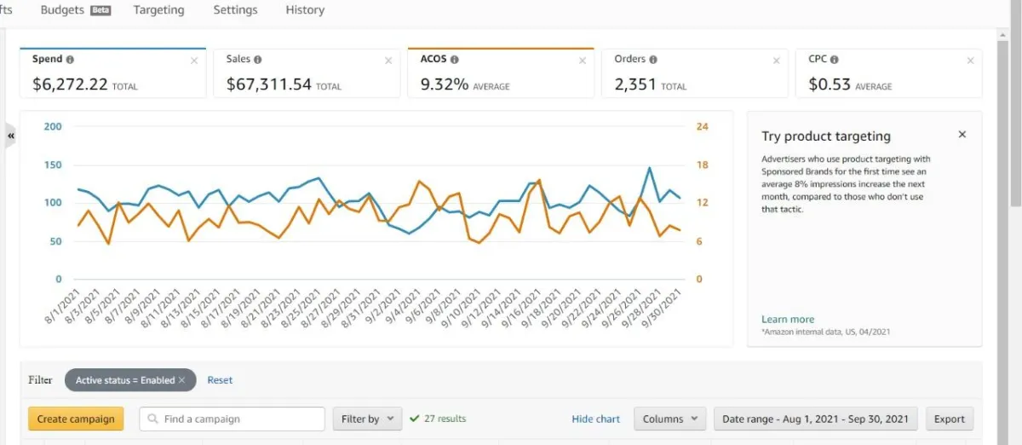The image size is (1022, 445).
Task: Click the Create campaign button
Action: (76, 419)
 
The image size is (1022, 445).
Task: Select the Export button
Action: (949, 419)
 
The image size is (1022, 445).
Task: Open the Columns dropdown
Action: (669, 419)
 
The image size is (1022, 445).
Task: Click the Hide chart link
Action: (595, 419)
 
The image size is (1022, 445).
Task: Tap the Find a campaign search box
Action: (232, 419)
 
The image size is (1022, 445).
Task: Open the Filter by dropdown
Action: (366, 419)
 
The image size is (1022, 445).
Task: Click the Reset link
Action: (220, 380)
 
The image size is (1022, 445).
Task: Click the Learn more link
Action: (787, 320)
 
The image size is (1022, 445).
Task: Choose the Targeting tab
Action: (158, 10)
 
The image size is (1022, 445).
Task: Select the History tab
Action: (305, 10)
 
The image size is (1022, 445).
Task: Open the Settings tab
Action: (235, 10)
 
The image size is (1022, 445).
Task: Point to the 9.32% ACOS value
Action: (444, 84)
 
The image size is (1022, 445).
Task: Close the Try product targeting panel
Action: (962, 135)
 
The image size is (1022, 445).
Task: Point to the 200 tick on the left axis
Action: (52, 127)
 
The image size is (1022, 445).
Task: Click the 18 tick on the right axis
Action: (702, 165)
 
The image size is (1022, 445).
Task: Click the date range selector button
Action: (815, 419)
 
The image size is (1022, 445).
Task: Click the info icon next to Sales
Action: (258, 60)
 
